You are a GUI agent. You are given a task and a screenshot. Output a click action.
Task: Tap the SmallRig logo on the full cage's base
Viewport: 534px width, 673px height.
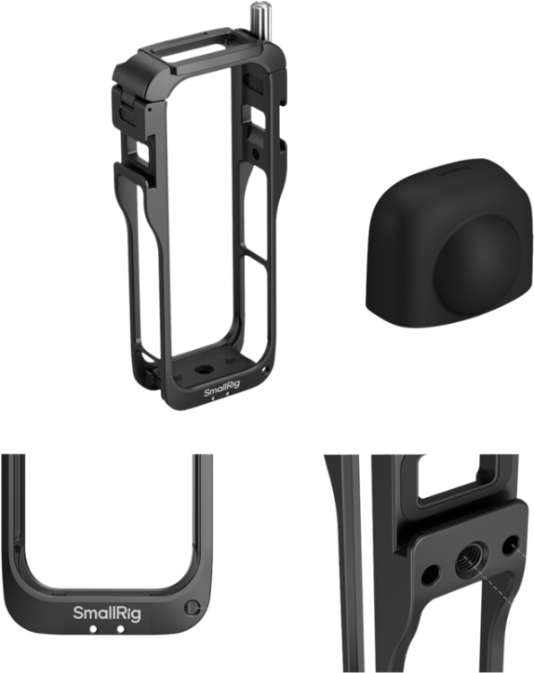(x=222, y=391)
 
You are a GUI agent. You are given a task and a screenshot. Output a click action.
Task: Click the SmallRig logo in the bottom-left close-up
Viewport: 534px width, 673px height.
(x=107, y=613)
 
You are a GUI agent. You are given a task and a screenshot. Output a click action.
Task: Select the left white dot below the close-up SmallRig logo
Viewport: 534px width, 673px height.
(x=92, y=629)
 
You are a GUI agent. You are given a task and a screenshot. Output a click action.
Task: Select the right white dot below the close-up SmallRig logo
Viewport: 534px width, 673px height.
(x=120, y=629)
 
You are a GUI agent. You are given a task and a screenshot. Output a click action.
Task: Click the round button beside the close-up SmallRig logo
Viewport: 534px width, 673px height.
(x=191, y=607)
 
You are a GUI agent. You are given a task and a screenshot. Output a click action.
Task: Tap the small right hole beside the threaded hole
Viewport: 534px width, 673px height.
(x=512, y=546)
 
